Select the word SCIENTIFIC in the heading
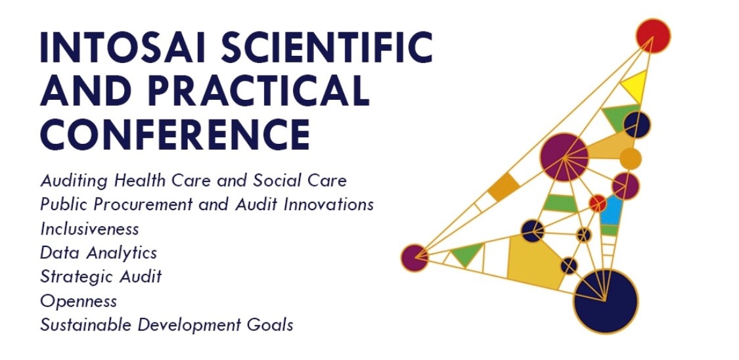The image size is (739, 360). (326, 48)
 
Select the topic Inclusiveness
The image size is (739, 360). (89, 229)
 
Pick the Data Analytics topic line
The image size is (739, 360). (99, 253)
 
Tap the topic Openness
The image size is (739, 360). (79, 301)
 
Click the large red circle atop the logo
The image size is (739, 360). (653, 36)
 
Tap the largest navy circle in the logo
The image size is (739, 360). (606, 301)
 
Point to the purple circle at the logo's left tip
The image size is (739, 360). (414, 258)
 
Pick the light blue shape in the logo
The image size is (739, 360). (612, 210)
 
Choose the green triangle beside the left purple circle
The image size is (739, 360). (466, 254)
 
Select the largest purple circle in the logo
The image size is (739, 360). (564, 157)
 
